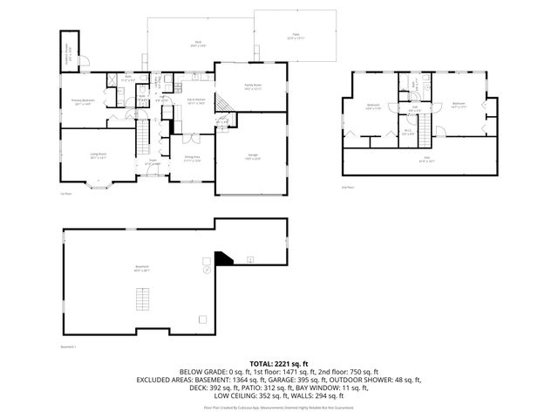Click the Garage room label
pyautogui.click(x=251, y=158)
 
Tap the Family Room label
pyautogui.click(x=253, y=86)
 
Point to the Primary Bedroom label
pyautogui.click(x=84, y=101)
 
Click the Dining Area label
pyautogui.click(x=192, y=161)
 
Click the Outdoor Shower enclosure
pyautogui.click(x=70, y=51)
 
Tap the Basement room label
pyautogui.click(x=140, y=270)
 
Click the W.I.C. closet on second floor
pyautogui.click(x=408, y=132)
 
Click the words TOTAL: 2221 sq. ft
pyautogui.click(x=279, y=363)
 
